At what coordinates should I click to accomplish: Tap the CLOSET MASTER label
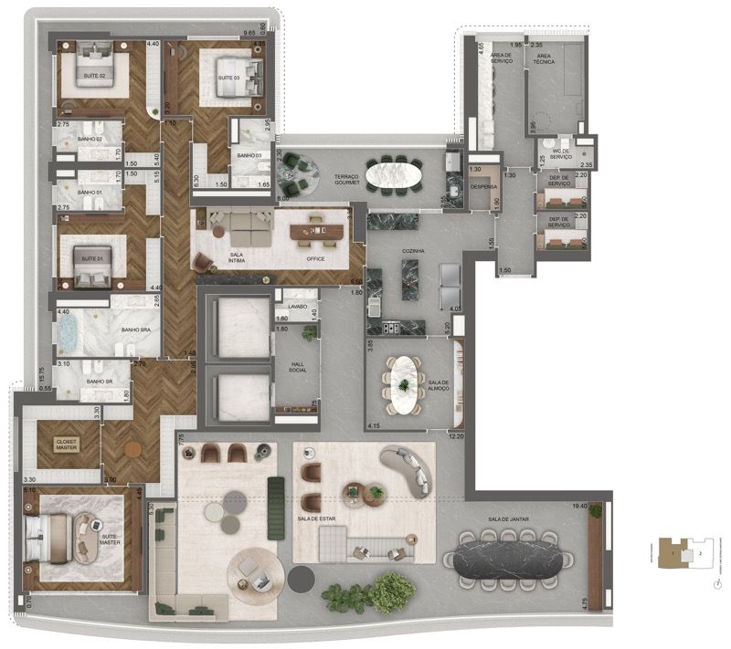click(x=67, y=445)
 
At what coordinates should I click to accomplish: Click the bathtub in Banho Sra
click(x=68, y=334)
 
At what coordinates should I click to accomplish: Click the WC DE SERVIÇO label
click(x=559, y=154)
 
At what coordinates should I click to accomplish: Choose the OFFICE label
click(x=317, y=258)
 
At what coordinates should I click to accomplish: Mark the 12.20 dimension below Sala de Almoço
click(x=456, y=437)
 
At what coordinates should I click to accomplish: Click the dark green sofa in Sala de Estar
click(x=274, y=507)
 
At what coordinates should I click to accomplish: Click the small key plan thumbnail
click(x=683, y=553)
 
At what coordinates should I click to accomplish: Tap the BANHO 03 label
click(x=249, y=156)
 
